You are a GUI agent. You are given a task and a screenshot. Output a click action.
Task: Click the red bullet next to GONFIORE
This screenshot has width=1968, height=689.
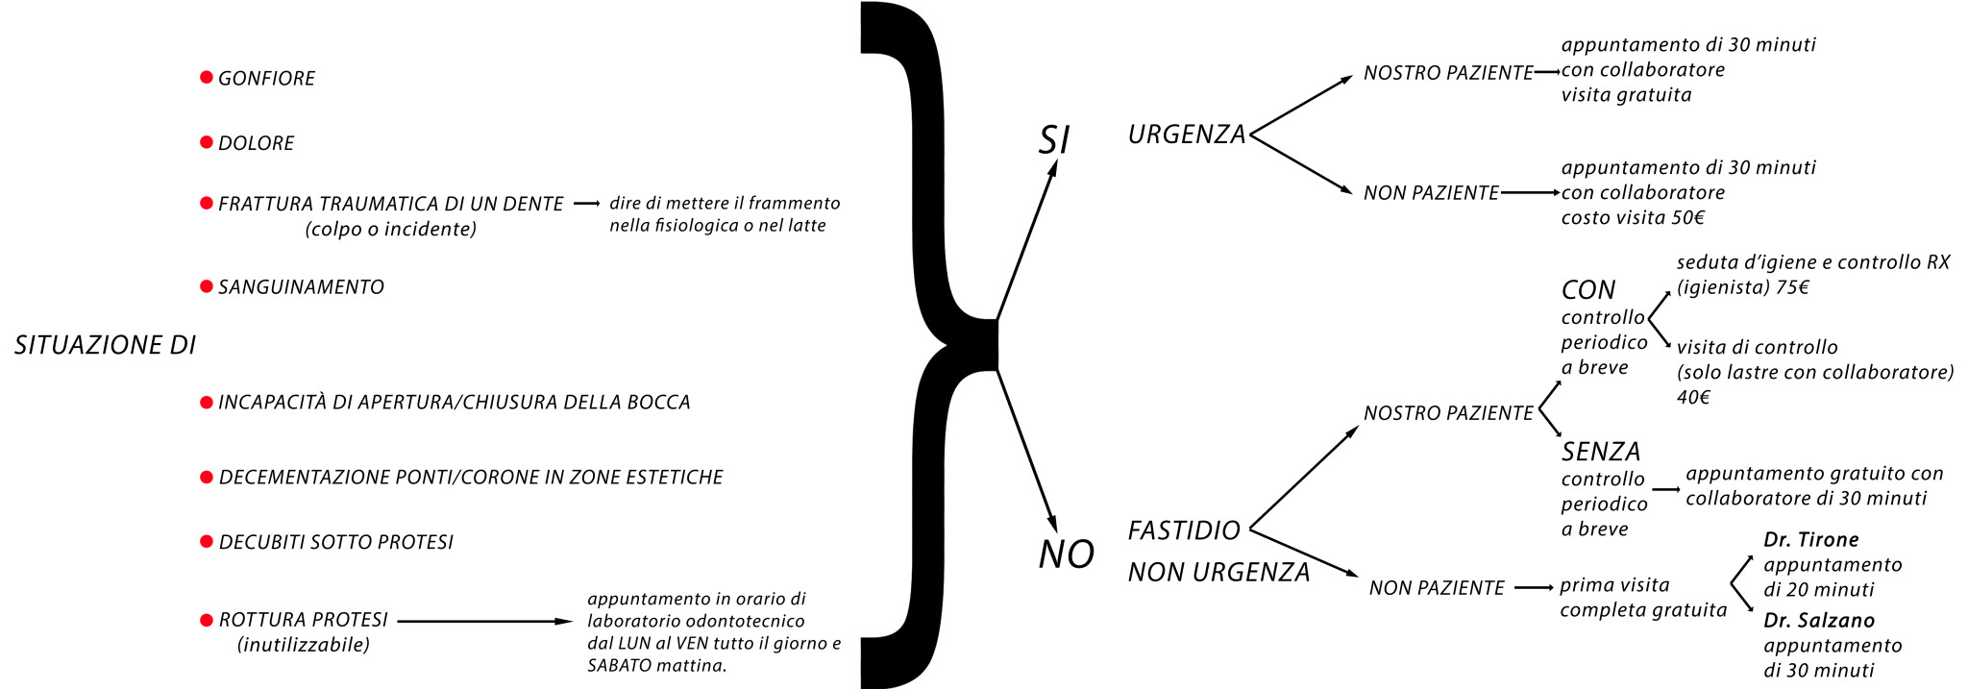206,77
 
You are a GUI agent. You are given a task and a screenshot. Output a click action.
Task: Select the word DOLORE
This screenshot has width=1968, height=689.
256,143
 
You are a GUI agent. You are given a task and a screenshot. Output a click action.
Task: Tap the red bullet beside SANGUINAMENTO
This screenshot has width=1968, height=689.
206,286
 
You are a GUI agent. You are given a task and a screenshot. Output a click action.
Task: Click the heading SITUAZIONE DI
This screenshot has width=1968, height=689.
105,345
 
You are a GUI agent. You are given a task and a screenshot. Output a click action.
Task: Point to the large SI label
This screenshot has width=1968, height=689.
1053,140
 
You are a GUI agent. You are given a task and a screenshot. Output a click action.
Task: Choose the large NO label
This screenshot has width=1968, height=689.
1066,554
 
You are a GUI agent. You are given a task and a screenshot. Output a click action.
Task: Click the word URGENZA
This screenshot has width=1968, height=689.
1186,135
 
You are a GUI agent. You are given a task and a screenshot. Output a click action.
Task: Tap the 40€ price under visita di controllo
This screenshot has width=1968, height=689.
1693,397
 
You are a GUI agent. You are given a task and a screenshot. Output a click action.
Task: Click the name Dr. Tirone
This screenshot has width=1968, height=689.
1810,539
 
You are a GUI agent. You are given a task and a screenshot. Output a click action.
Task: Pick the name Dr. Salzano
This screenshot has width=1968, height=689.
1818,620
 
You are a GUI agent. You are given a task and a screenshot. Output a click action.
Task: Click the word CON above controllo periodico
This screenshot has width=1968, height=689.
1587,289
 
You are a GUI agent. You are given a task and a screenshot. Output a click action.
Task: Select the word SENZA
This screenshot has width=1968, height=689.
1600,451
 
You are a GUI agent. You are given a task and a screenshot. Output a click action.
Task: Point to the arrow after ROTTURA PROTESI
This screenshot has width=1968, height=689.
484,621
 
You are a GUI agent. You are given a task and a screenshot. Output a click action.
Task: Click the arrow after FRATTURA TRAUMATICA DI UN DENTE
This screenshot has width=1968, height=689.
586,204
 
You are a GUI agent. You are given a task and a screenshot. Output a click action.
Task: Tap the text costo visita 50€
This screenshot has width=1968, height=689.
1632,217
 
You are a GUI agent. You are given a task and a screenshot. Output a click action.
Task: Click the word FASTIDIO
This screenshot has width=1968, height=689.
1183,530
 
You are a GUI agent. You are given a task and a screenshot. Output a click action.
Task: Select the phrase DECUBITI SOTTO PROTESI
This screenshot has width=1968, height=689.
335,542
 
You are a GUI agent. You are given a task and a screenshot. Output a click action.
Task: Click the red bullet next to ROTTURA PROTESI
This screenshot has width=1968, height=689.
206,620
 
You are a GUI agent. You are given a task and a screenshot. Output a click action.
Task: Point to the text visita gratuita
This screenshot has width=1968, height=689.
1626,95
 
